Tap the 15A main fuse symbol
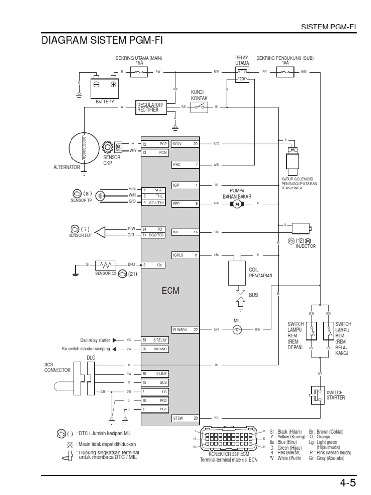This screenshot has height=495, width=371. [139, 72]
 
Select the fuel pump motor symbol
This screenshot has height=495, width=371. [237, 204]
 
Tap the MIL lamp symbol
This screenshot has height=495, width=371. [237, 330]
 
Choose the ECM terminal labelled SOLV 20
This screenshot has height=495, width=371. [185, 144]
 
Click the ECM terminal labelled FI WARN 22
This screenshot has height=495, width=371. [185, 330]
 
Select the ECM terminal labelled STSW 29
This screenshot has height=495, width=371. [185, 418]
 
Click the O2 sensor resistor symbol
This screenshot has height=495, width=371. [105, 265]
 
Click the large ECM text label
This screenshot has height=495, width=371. [170, 291]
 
